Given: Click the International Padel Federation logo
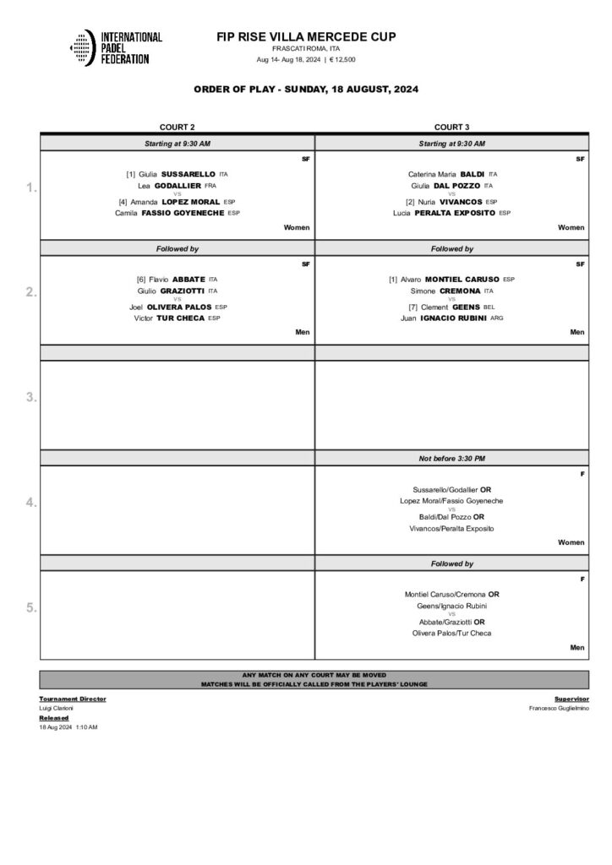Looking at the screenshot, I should [x=115, y=48].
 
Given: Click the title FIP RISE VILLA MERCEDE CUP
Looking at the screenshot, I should [x=306, y=36].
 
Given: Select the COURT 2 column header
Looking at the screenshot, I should [x=177, y=127].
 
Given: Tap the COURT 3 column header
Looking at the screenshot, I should [x=451, y=127].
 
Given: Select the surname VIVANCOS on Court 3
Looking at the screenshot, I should [x=462, y=202].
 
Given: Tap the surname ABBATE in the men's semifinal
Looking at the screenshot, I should [x=189, y=279].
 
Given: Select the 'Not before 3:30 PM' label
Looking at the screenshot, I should [x=451, y=458].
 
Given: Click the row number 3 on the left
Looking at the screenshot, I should [x=31, y=397].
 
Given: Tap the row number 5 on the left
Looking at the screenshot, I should [x=31, y=607].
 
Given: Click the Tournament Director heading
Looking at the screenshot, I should [x=73, y=699].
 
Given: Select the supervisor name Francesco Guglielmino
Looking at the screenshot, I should [x=558, y=708].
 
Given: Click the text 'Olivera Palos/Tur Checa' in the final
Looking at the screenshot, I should [x=451, y=633].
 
